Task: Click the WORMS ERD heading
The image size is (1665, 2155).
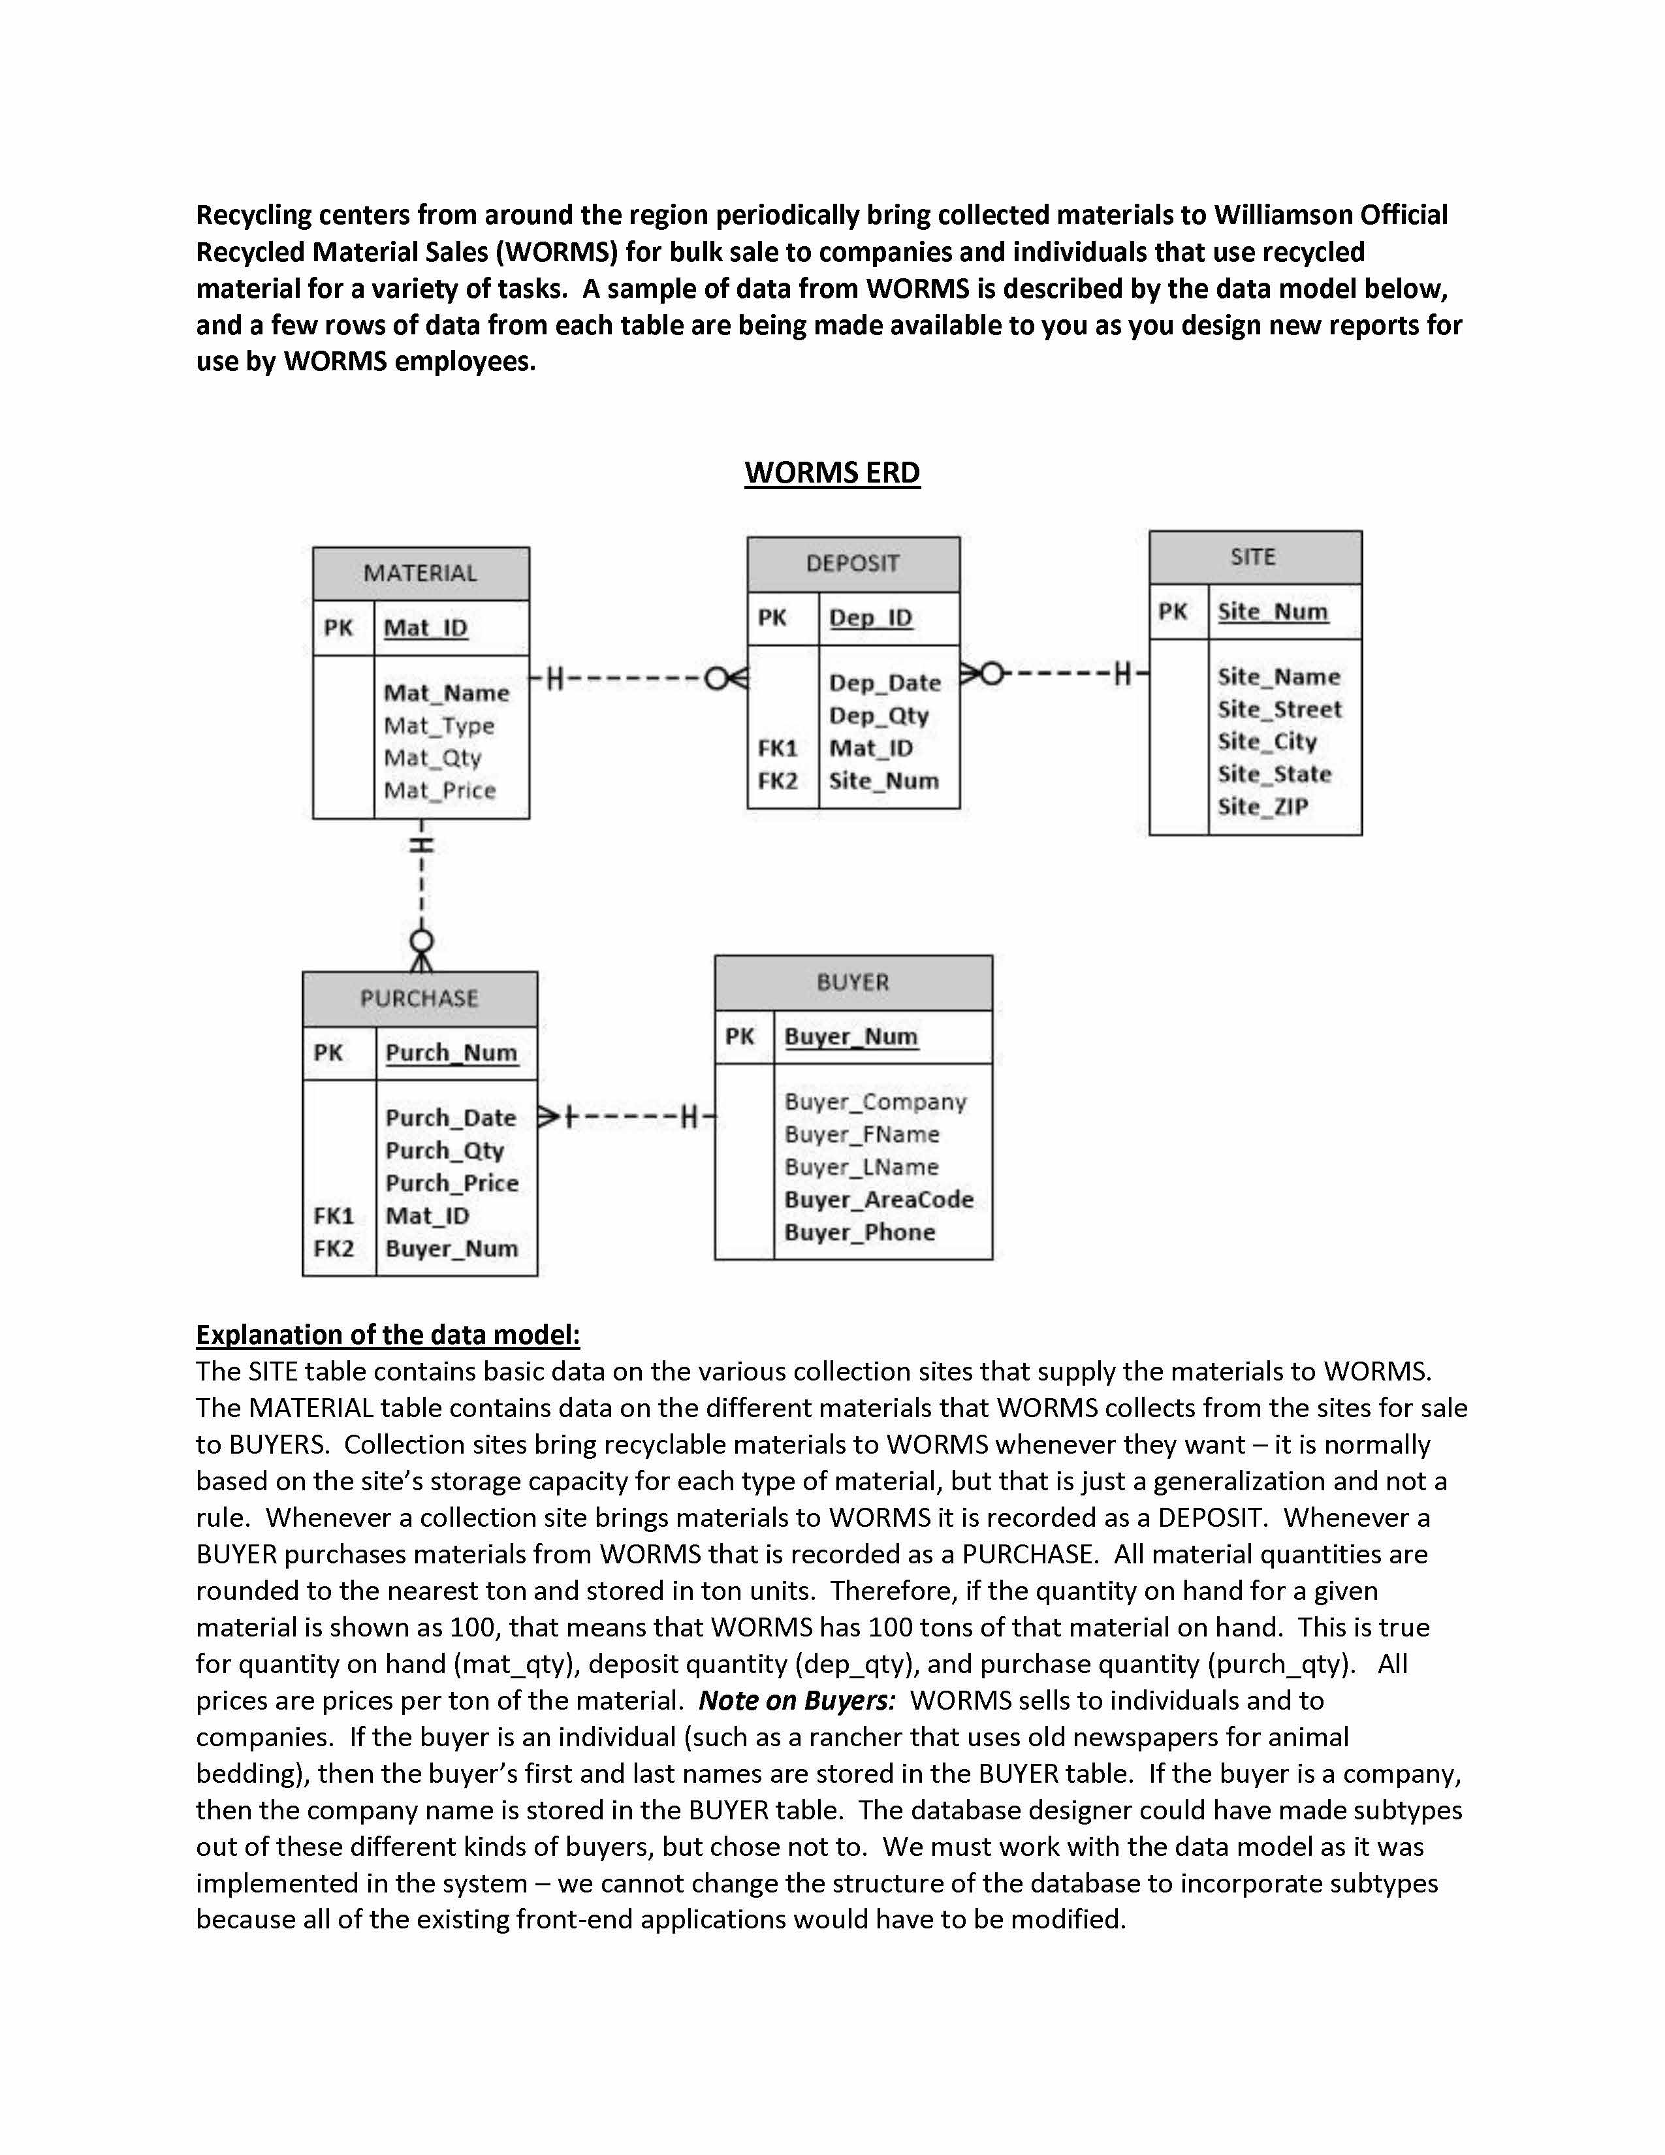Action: (x=831, y=473)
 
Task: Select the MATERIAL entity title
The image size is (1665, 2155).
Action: (x=420, y=573)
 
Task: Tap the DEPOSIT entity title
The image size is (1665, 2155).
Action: (x=852, y=564)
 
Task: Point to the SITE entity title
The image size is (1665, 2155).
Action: (x=1253, y=558)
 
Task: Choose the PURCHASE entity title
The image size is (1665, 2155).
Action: (x=419, y=998)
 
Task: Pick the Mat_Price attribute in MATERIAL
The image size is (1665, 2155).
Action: (x=440, y=790)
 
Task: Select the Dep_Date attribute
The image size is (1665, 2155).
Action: (x=885, y=683)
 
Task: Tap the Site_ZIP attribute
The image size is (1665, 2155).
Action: (x=1263, y=807)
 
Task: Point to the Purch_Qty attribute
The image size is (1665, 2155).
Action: (x=445, y=1151)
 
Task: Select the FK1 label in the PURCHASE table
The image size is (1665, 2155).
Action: (x=334, y=1216)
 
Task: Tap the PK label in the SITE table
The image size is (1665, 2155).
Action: (x=1173, y=612)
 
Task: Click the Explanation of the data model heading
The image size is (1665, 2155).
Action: (x=388, y=1335)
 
